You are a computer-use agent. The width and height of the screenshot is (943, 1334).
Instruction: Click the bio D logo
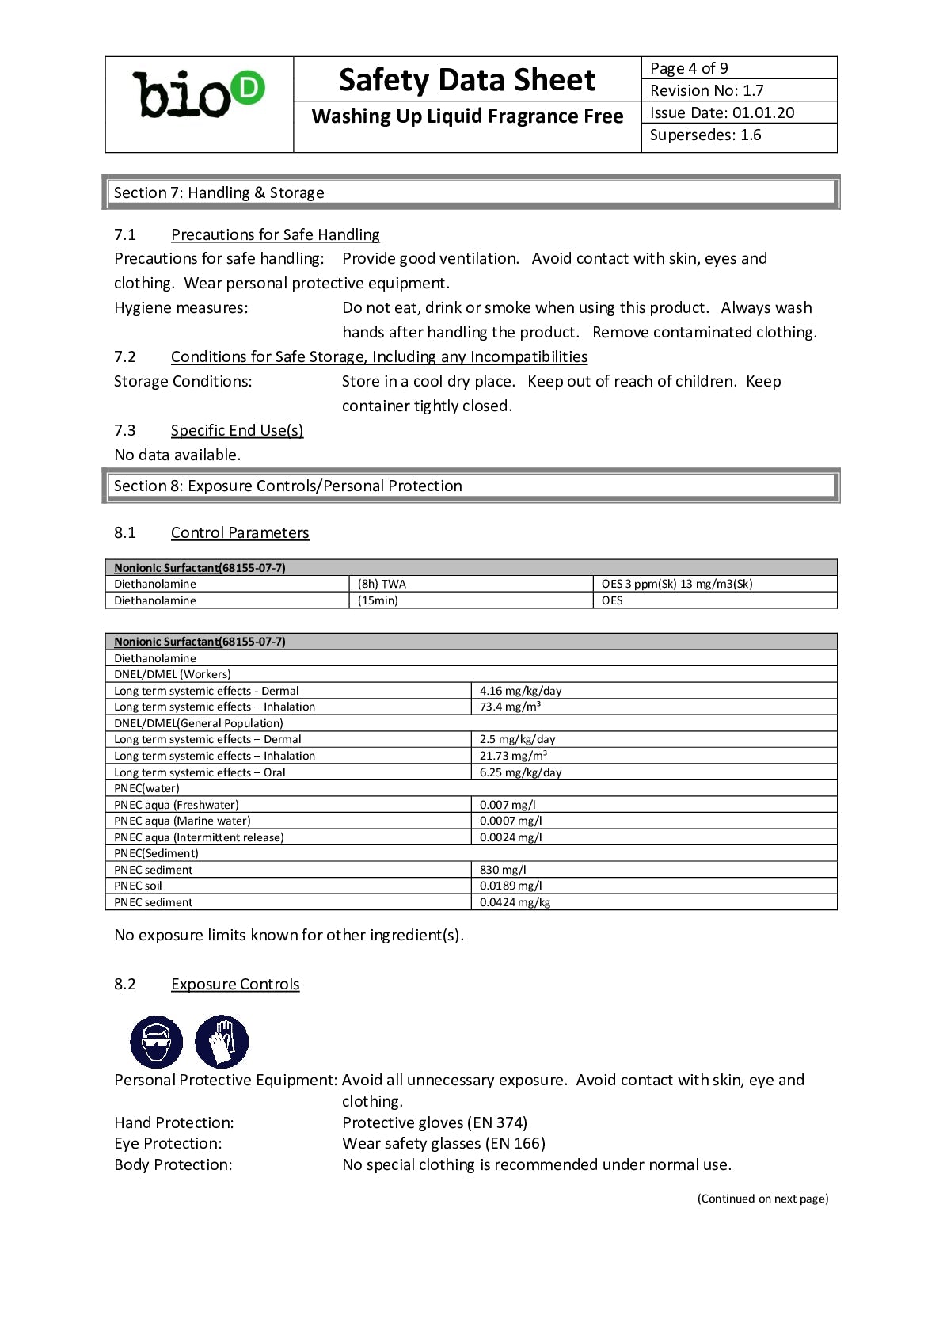click(x=199, y=95)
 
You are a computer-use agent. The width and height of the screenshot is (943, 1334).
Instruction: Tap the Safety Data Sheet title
click(x=466, y=80)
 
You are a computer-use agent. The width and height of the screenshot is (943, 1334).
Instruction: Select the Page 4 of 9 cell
click(x=689, y=68)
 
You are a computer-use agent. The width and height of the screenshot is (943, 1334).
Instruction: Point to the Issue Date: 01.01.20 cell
click(x=721, y=112)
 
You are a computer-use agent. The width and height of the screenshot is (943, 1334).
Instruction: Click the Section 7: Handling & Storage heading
click(x=219, y=192)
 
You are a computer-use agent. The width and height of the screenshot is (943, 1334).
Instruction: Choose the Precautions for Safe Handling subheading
click(x=275, y=234)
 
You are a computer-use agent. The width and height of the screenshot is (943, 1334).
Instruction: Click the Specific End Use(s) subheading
click(x=237, y=430)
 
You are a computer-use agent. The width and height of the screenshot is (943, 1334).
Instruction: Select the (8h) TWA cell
click(x=382, y=584)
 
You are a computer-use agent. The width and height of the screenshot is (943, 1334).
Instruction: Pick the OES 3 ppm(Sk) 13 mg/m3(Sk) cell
click(x=676, y=584)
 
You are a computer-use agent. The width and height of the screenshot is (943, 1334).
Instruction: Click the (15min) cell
click(x=378, y=600)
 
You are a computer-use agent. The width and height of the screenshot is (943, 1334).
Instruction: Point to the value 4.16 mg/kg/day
click(x=520, y=691)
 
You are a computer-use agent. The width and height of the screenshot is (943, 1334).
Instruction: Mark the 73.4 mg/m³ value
click(x=510, y=707)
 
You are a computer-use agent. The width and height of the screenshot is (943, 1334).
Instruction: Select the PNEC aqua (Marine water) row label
click(x=182, y=821)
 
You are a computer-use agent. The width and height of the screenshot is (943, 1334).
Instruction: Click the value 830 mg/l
click(x=503, y=870)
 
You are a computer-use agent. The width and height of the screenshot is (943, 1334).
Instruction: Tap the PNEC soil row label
click(x=138, y=886)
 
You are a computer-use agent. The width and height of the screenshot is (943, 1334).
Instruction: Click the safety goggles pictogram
click(x=156, y=1042)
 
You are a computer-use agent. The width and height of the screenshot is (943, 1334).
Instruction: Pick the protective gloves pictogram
click(x=222, y=1042)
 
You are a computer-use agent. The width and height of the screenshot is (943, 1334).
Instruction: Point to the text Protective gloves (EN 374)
click(x=435, y=1122)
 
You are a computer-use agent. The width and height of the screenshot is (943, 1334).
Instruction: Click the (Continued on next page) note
click(x=762, y=1199)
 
